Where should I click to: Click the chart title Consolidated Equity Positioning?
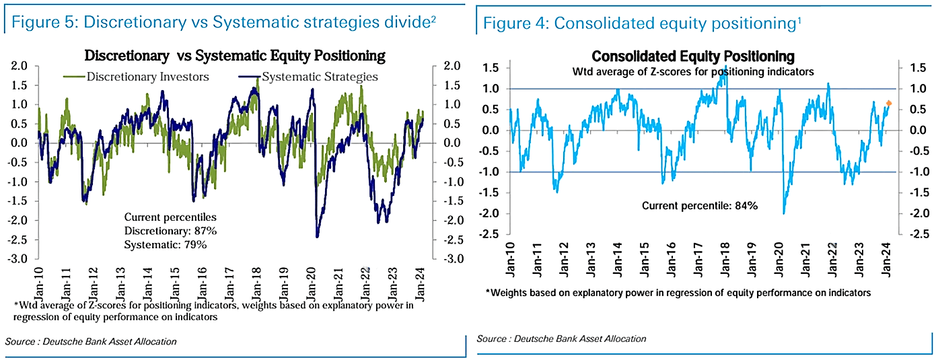pyautogui.click(x=693, y=57)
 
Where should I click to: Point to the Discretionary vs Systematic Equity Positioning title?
pyautogui.click(x=234, y=55)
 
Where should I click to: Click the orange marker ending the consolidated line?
pyautogui.click(x=888, y=103)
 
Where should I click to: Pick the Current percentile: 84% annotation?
pyautogui.click(x=700, y=206)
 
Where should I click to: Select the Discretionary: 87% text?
pyautogui.click(x=170, y=231)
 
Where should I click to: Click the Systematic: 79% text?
pyautogui.click(x=165, y=244)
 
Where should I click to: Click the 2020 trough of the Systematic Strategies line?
pyautogui.click(x=317, y=236)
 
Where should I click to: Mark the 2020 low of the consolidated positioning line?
pyautogui.click(x=784, y=213)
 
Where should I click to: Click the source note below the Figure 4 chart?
pyautogui.click(x=561, y=338)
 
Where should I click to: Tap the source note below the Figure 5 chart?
pyautogui.click(x=91, y=342)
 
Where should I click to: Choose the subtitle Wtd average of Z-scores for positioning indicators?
pyautogui.click(x=693, y=71)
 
